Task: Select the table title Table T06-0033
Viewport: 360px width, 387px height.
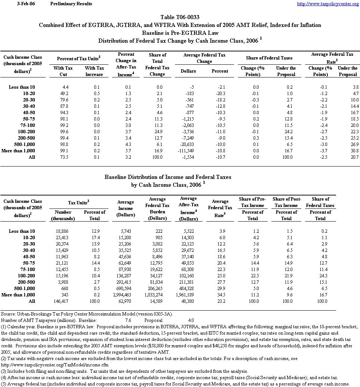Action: click(x=180, y=17)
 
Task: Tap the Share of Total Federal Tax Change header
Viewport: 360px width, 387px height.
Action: click(x=157, y=64)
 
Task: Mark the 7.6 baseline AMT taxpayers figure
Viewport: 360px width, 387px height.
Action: click(x=128, y=320)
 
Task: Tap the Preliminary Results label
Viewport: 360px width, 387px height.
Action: click(x=71, y=4)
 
